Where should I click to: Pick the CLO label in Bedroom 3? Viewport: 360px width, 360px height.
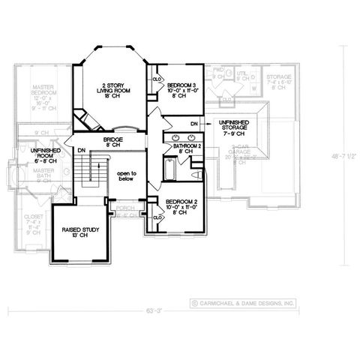coord(157,78)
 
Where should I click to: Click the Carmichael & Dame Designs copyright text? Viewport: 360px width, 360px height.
coord(244,303)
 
